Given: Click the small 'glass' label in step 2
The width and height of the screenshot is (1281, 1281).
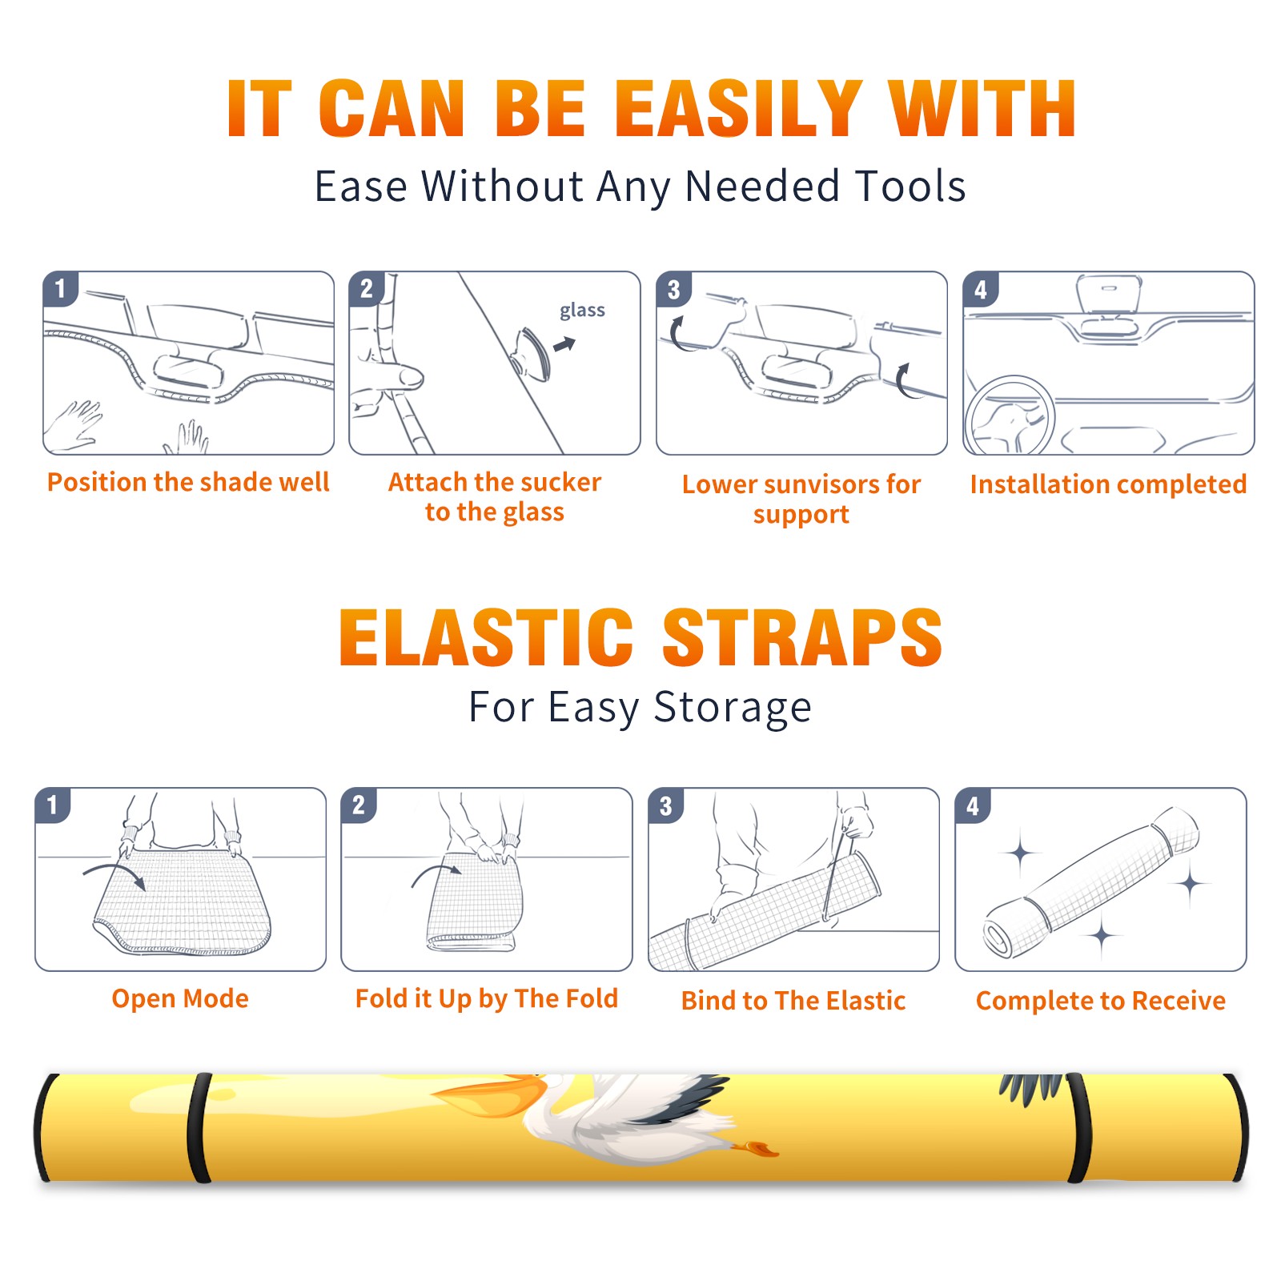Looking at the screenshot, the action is click(x=582, y=311).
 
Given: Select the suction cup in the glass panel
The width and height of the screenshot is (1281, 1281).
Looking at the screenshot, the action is click(x=530, y=353).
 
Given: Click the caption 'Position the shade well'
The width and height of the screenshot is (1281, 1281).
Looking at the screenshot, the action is click(x=188, y=482).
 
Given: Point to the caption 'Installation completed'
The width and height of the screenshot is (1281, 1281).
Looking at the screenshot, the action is click(x=1108, y=484).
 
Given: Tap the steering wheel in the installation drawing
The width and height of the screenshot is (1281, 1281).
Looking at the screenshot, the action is click(x=1010, y=416).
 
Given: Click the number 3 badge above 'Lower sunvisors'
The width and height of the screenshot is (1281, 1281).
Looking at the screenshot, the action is click(x=673, y=289).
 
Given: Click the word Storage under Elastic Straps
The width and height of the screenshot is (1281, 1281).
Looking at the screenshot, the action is click(x=733, y=708).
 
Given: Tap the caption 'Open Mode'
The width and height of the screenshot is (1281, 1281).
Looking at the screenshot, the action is click(x=180, y=998).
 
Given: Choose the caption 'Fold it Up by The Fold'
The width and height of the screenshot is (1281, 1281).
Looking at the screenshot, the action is click(x=487, y=999).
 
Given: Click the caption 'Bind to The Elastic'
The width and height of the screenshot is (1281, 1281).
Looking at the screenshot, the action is click(x=793, y=1001).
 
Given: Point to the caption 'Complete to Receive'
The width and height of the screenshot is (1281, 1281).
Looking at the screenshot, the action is click(x=1101, y=1001).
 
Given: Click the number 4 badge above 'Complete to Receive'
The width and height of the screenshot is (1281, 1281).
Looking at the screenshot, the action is click(x=973, y=805).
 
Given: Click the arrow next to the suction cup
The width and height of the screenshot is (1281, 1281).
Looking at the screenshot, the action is click(x=564, y=344).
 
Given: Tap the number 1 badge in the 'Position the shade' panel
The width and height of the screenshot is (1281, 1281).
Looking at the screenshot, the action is click(x=60, y=289).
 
